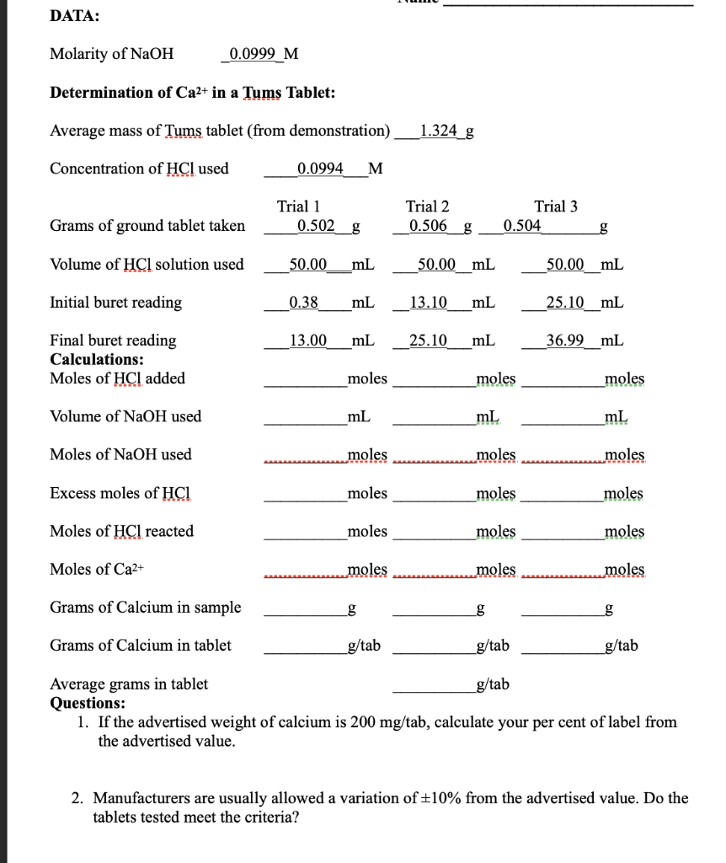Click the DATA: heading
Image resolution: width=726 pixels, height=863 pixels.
[x=74, y=16]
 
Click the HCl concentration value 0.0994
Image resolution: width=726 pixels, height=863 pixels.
[x=321, y=169]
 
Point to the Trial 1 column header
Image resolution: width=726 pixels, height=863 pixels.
[x=298, y=206]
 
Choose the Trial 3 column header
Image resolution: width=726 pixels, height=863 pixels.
[x=556, y=206]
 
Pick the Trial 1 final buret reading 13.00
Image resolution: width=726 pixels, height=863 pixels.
[x=307, y=340]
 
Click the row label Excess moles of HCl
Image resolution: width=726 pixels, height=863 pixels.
[x=121, y=493]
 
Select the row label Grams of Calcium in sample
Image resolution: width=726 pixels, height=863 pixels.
[x=146, y=608]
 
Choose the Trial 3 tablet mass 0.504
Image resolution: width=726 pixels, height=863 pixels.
[x=523, y=226]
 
